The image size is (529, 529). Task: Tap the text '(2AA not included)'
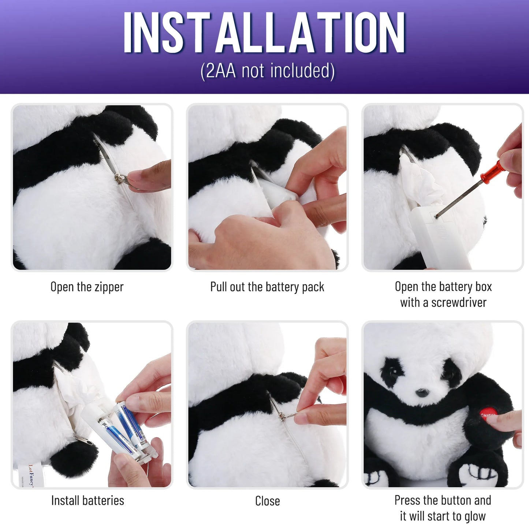point(268,71)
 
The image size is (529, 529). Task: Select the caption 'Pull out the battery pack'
point(267,287)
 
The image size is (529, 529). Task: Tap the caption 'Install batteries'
point(87,500)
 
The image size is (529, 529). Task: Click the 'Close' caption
point(267,501)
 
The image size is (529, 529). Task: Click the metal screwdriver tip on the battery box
point(437,216)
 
